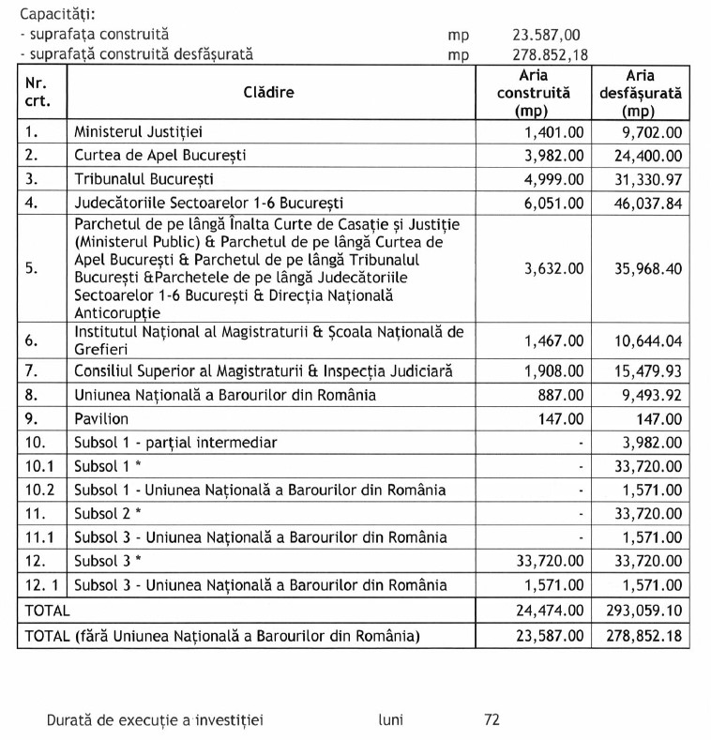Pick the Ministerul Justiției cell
[x=145, y=131]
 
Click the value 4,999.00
[x=553, y=178]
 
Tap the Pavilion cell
[x=102, y=418]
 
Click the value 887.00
[x=562, y=395]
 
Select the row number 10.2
[x=38, y=490]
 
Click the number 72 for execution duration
[x=492, y=720]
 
